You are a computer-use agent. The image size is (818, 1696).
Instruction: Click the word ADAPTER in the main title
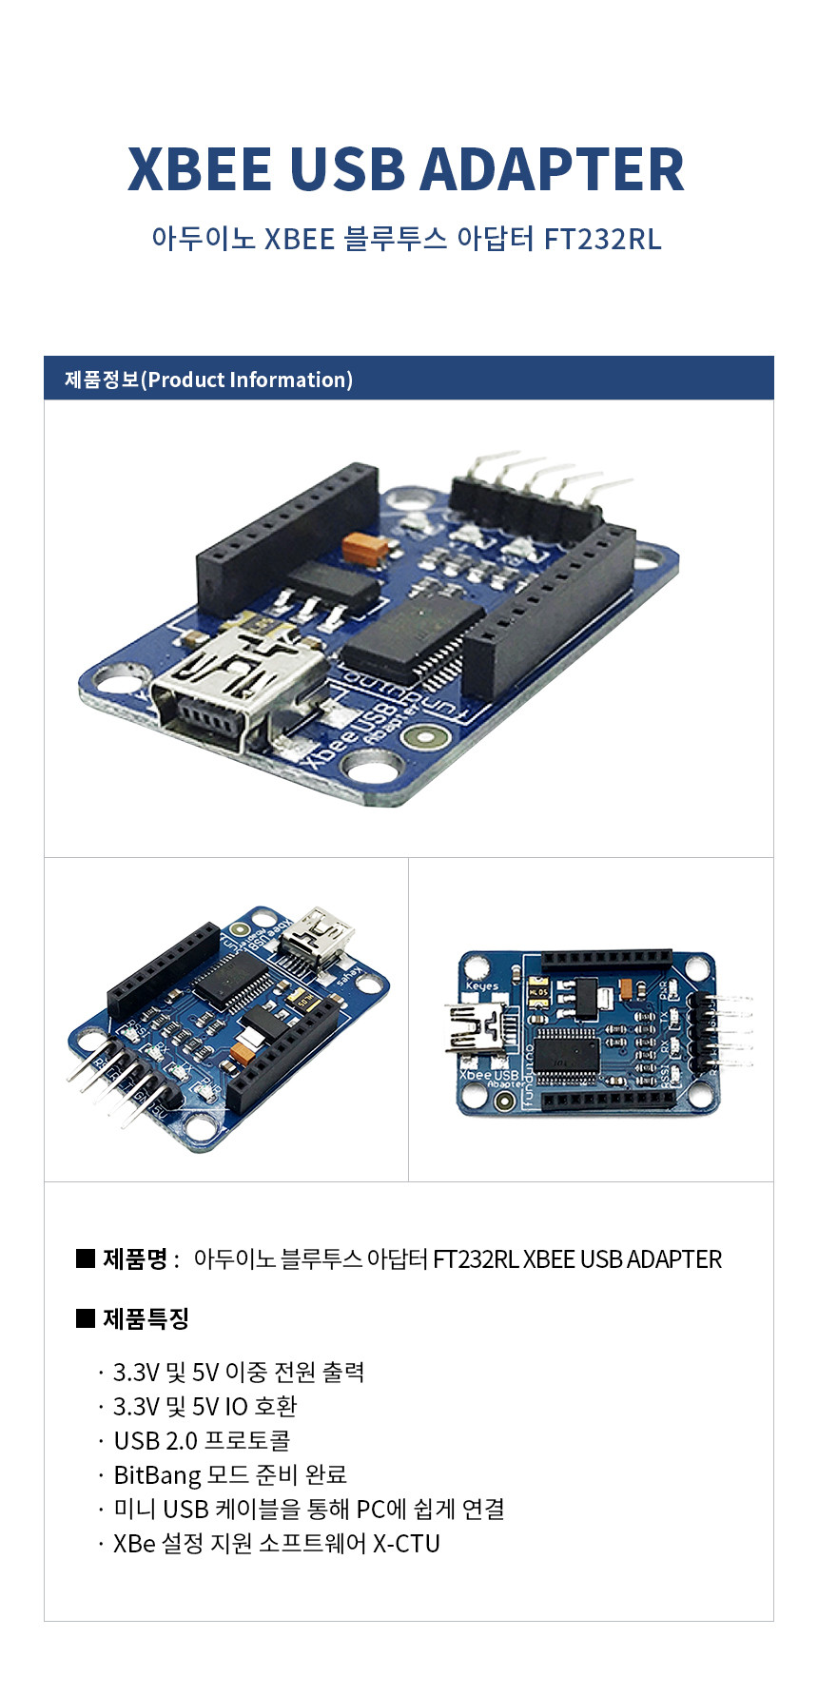pos(552,169)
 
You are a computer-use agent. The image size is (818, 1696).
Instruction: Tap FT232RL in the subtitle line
pos(602,238)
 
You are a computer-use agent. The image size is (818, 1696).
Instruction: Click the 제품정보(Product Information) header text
pos(208,380)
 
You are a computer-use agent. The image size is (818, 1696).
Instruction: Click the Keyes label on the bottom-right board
pos(482,985)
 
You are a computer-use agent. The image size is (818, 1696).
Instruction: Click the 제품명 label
pos(136,1259)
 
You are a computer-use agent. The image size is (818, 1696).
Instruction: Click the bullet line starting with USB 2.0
pos(202,1440)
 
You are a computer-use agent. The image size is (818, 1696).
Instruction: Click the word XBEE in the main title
pos(200,169)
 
